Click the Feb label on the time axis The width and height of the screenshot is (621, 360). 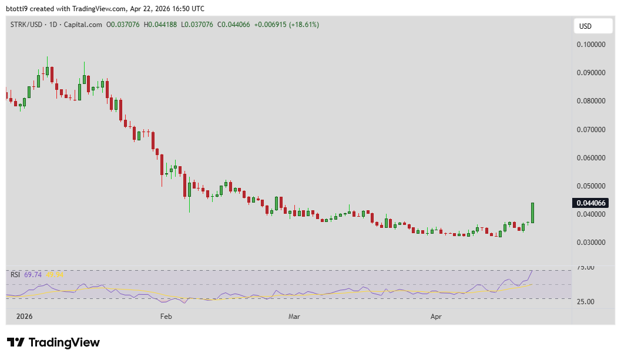[166, 317]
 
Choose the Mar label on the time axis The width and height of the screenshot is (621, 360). [294, 317]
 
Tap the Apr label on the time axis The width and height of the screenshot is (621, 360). [436, 317]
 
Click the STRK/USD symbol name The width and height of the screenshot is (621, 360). [25, 25]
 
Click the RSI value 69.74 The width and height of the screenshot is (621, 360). [33, 274]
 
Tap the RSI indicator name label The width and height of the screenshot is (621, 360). [15, 274]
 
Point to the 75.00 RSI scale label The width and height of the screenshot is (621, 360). [586, 268]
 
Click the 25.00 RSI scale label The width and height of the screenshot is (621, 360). [586, 302]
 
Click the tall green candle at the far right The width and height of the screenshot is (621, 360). [533, 213]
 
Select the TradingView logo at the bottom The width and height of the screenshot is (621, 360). [53, 342]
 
